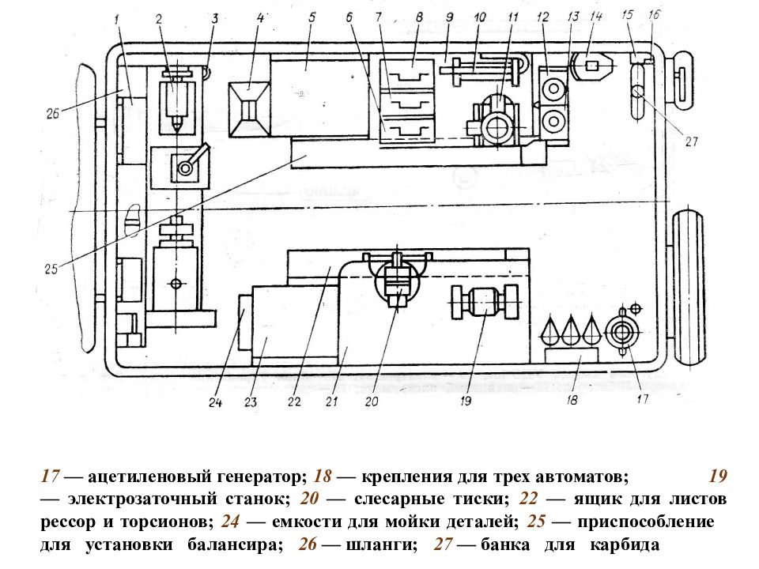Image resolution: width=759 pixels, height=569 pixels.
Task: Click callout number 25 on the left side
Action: (x=51, y=269)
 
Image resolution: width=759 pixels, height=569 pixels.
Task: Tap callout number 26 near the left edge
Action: (x=53, y=114)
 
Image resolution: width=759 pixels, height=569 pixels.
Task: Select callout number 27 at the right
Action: (x=691, y=141)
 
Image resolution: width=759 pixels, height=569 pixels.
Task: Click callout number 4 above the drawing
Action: (x=261, y=18)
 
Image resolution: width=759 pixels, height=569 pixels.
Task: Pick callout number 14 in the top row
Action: (x=596, y=16)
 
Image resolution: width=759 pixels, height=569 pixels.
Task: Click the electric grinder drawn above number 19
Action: (x=485, y=303)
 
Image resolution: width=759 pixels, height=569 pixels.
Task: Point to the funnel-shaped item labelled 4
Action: (x=249, y=109)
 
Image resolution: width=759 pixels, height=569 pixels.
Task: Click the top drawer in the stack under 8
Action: (x=407, y=73)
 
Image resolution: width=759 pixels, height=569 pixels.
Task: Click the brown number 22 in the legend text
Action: (x=529, y=499)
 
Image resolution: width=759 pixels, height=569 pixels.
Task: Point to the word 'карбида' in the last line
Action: (x=625, y=545)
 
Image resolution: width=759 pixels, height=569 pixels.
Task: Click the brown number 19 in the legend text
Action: (x=719, y=476)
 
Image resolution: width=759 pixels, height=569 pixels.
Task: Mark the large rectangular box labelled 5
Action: (x=318, y=96)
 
